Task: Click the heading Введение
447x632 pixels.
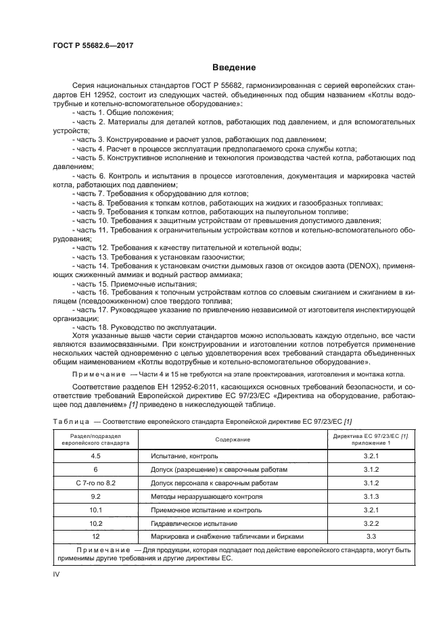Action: point(233,68)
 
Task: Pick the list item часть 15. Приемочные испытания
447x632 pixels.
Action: point(133,285)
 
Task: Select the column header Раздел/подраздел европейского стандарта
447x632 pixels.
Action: point(95,439)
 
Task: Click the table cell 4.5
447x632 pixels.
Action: point(95,457)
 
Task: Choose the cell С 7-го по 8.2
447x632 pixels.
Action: point(95,483)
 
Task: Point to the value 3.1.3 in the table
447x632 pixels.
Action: point(370,497)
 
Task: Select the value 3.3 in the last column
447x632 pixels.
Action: point(370,536)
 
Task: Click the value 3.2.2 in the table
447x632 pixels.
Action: point(370,523)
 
